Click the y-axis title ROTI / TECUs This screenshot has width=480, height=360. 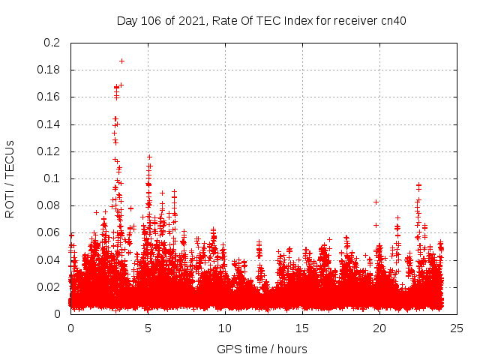[10, 178]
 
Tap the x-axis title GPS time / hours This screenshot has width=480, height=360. [262, 349]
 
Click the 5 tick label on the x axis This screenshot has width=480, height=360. [148, 328]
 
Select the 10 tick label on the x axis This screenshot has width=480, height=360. [225, 328]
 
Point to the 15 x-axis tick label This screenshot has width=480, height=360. [302, 328]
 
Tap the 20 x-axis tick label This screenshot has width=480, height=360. [379, 328]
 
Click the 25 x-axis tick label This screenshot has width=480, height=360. [457, 328]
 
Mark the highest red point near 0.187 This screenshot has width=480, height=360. [121, 61]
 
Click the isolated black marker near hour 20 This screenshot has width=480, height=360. [376, 202]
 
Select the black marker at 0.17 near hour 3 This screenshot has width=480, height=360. [121, 85]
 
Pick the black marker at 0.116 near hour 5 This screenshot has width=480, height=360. [149, 157]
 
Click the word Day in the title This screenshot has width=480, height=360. [127, 19]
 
